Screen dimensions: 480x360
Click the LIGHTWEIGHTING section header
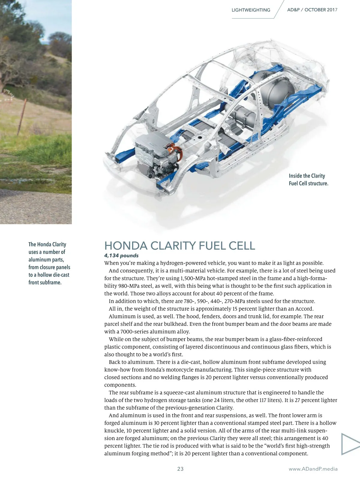(x=251, y=10)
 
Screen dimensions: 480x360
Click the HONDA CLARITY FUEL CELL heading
(x=179, y=246)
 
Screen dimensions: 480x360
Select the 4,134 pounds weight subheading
(x=121, y=256)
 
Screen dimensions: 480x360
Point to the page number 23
(x=180, y=469)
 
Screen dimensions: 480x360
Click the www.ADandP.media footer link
(x=313, y=469)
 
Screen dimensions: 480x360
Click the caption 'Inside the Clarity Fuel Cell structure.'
(x=308, y=179)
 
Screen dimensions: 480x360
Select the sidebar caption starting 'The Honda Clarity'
(x=49, y=263)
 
